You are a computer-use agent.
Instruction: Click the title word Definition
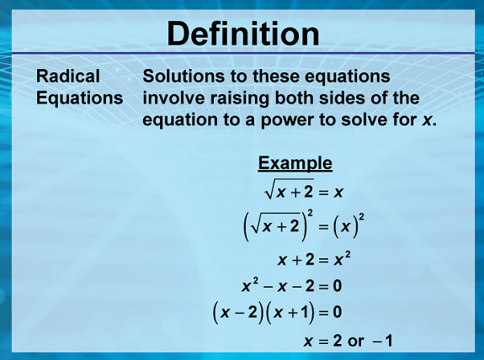point(243,34)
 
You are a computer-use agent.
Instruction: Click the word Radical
point(68,76)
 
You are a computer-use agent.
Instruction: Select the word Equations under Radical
point(80,98)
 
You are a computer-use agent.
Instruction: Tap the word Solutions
point(183,76)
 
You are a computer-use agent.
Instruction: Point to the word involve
point(173,98)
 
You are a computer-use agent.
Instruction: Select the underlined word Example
point(295,163)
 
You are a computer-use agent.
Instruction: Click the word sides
point(341,98)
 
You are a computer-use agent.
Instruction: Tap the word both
point(294,98)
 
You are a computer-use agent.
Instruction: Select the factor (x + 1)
point(290,313)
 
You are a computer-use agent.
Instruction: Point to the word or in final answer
point(356,341)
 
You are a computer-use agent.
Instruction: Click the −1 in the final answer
point(382,341)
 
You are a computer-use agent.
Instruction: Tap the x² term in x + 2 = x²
point(343,259)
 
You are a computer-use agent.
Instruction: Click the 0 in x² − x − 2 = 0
point(338,286)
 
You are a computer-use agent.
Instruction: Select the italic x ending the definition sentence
point(427,120)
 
